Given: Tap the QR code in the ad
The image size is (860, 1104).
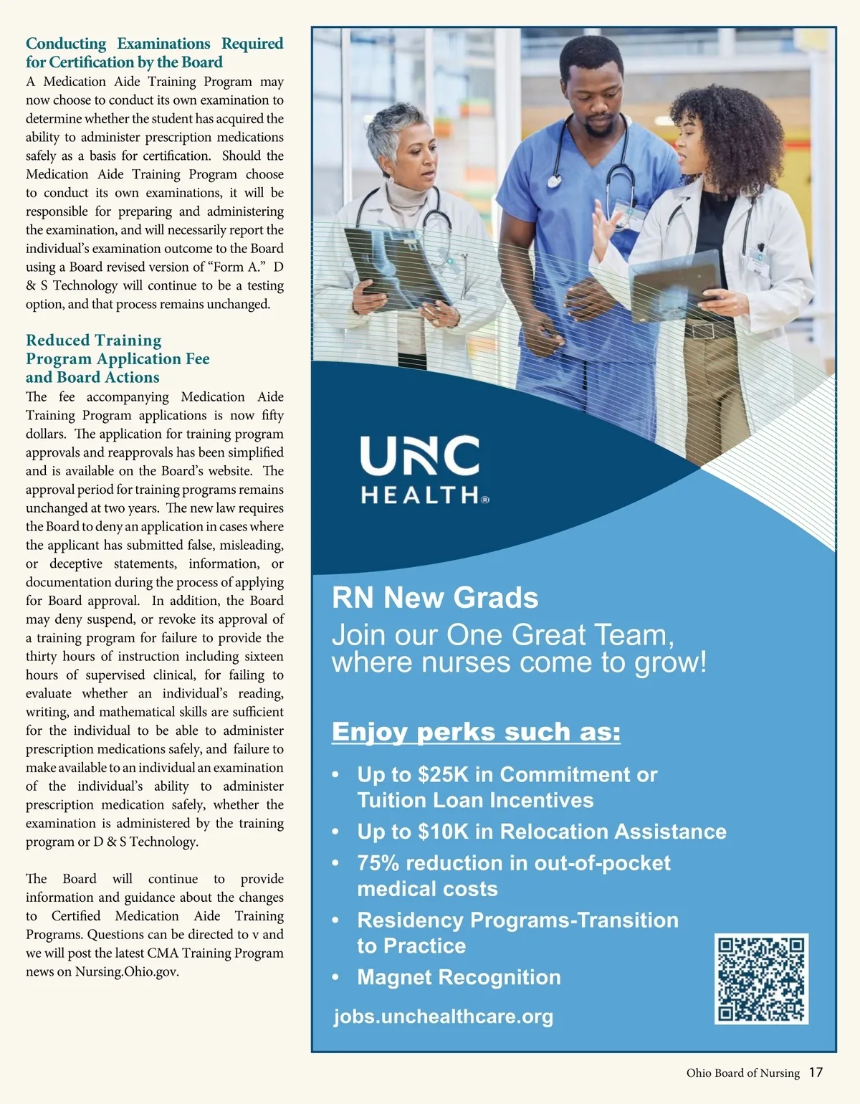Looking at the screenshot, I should click(761, 979).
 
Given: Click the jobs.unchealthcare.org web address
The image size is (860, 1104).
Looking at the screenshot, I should click(443, 1017).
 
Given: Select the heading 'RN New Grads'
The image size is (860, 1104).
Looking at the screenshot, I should click(435, 598).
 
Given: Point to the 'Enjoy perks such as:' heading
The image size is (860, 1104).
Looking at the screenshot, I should click(476, 732).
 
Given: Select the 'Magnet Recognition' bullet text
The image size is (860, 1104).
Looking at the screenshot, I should click(459, 977).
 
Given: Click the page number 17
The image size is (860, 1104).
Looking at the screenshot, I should click(816, 1072).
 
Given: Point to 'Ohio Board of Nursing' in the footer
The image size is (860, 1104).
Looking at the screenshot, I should click(742, 1073).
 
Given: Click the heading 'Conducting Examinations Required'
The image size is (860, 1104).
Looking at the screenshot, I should click(155, 44).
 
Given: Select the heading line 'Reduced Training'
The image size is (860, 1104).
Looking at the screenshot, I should click(94, 340).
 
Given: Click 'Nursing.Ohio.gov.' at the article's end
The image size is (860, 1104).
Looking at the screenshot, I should click(127, 972).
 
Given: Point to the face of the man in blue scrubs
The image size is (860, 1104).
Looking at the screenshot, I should click(593, 90).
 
